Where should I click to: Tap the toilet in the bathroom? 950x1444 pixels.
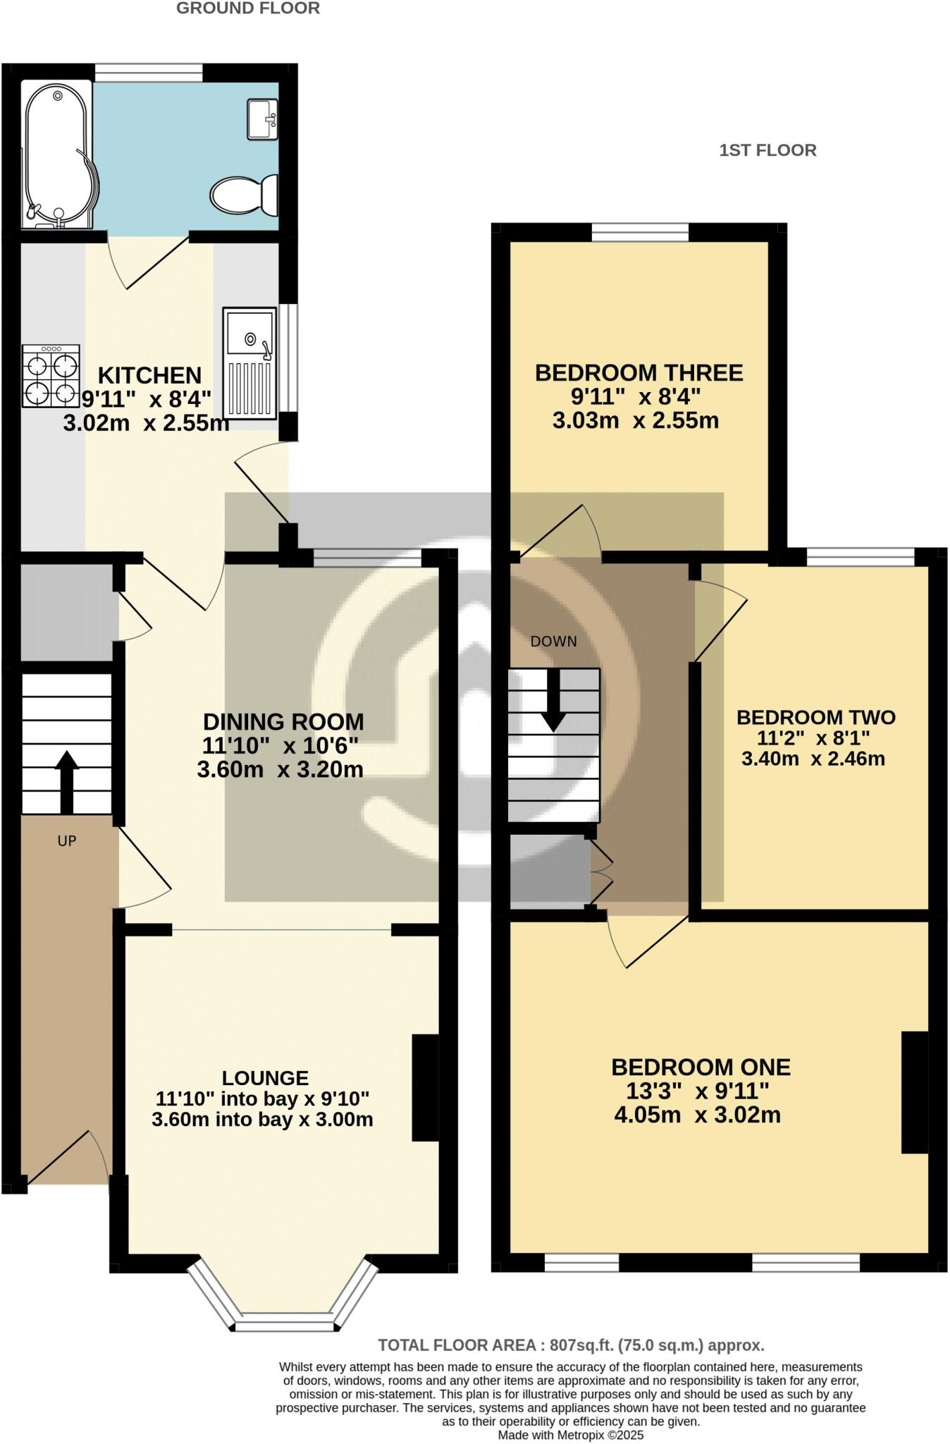coord(243,194)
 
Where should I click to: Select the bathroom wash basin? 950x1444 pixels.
coord(262,118)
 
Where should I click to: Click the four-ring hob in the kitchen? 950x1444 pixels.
coord(51,376)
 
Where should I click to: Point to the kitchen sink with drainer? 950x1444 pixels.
coord(249,362)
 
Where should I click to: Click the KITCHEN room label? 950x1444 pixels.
coord(149,374)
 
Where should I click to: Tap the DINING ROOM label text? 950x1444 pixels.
coord(283,722)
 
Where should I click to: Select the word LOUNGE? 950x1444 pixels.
coord(265,1078)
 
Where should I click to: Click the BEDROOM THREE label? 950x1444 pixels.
coord(639,372)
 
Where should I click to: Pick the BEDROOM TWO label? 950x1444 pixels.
coord(815,718)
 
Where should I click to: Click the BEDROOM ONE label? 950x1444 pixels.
coord(701,1067)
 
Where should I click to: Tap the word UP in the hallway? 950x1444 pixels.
coord(67,840)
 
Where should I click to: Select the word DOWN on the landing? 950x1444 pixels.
coord(553,642)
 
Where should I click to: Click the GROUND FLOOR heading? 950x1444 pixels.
coord(247,8)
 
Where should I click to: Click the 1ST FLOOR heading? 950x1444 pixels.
coord(767,150)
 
